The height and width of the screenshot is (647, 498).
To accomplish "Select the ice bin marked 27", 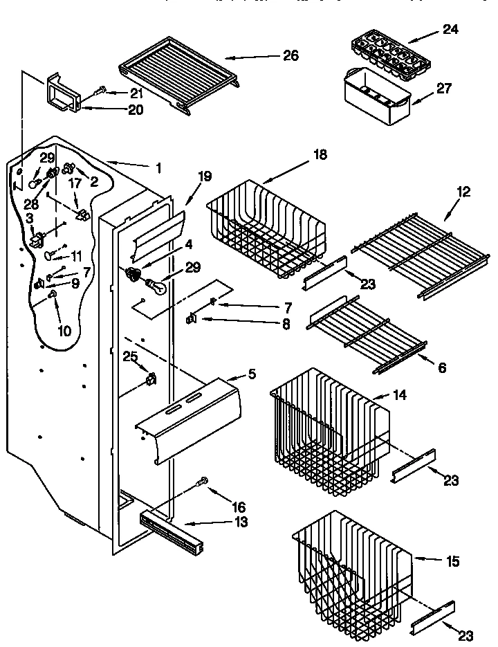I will click(x=377, y=97).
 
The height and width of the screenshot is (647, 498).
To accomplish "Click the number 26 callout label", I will click(x=290, y=55).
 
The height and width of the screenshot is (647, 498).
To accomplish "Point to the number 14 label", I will click(x=399, y=396).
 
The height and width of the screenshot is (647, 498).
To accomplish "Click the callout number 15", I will click(x=452, y=561).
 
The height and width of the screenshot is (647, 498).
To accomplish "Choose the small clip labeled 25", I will click(x=150, y=379).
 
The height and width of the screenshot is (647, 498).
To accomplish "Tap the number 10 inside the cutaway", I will click(x=64, y=331).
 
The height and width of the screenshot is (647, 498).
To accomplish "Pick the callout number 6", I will click(x=442, y=367).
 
